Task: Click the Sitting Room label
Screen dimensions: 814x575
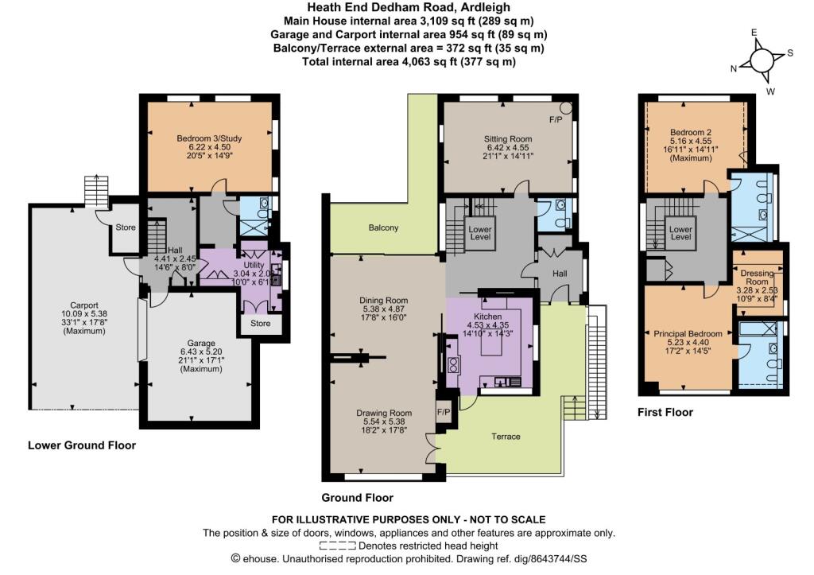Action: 508,138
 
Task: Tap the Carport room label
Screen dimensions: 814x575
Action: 84,305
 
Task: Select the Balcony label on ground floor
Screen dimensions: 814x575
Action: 384,227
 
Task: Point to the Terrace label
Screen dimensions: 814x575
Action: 506,437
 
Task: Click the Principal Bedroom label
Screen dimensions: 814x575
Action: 688,334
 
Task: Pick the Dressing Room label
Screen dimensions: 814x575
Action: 757,278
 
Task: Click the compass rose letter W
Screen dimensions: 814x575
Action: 770,91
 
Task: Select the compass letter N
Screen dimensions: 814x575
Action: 734,68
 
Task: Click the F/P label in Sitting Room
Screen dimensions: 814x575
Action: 556,119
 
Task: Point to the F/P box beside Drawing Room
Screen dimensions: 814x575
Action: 444,412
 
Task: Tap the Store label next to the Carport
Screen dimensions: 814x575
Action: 126,227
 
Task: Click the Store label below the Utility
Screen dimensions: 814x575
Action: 261,323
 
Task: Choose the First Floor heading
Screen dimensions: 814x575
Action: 665,412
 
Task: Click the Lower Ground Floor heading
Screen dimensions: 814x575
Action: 82,445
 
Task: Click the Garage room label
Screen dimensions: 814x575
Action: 201,343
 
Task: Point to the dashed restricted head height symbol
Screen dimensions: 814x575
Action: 337,546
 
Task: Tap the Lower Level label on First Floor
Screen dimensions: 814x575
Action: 680,233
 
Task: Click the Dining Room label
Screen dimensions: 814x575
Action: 384,301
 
